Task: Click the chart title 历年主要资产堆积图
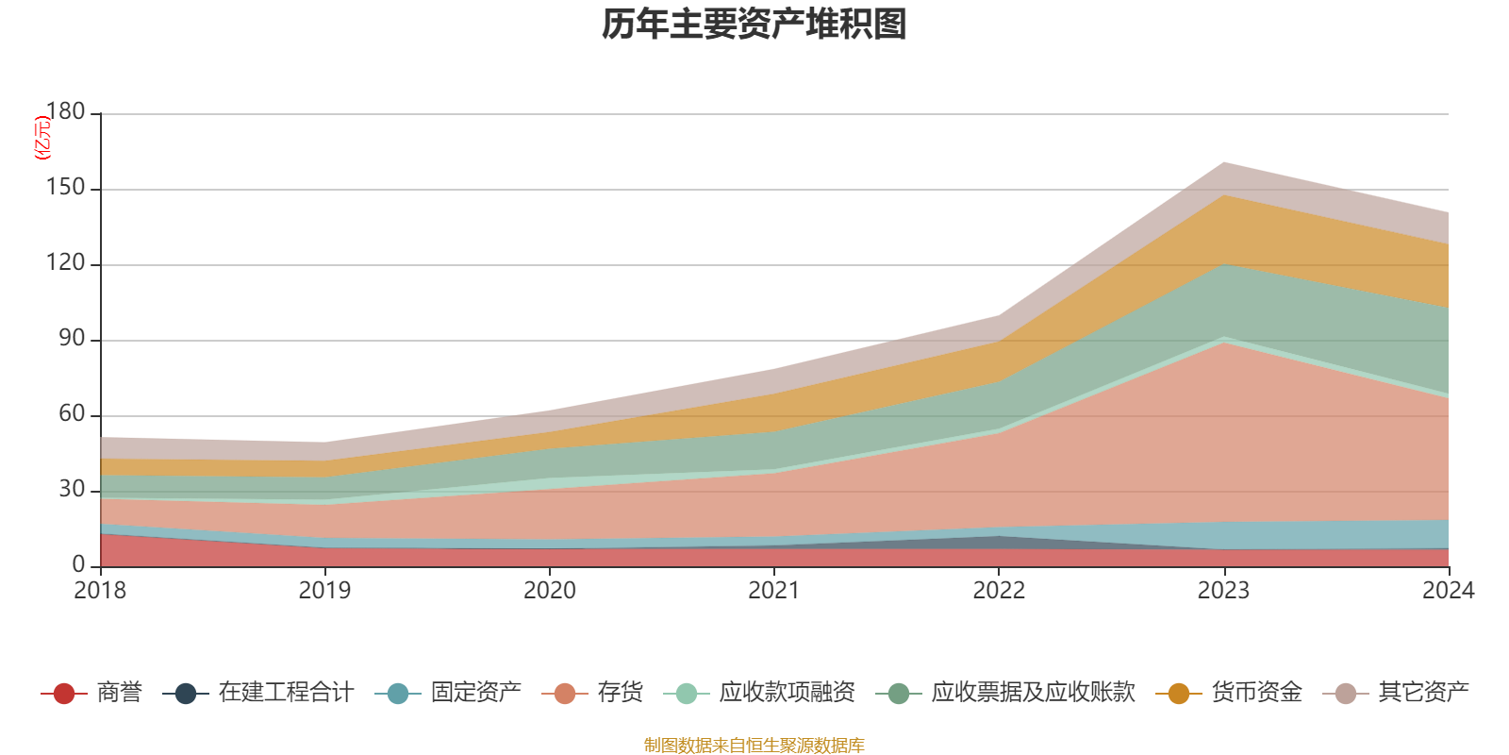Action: pos(754,25)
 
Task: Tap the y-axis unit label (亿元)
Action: pos(42,138)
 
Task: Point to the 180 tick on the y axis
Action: pos(65,112)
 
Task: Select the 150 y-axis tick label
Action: pos(65,188)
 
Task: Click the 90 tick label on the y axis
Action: pos(72,339)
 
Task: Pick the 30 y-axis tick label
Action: pos(72,490)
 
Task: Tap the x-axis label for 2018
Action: pos(101,591)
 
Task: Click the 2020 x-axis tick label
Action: pos(550,591)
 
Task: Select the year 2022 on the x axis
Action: pos(999,591)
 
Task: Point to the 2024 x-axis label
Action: pos(1448,591)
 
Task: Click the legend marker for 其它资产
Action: pos(1346,694)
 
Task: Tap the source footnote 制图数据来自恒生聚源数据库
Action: pos(754,746)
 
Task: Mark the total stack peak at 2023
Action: pos(1223,162)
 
